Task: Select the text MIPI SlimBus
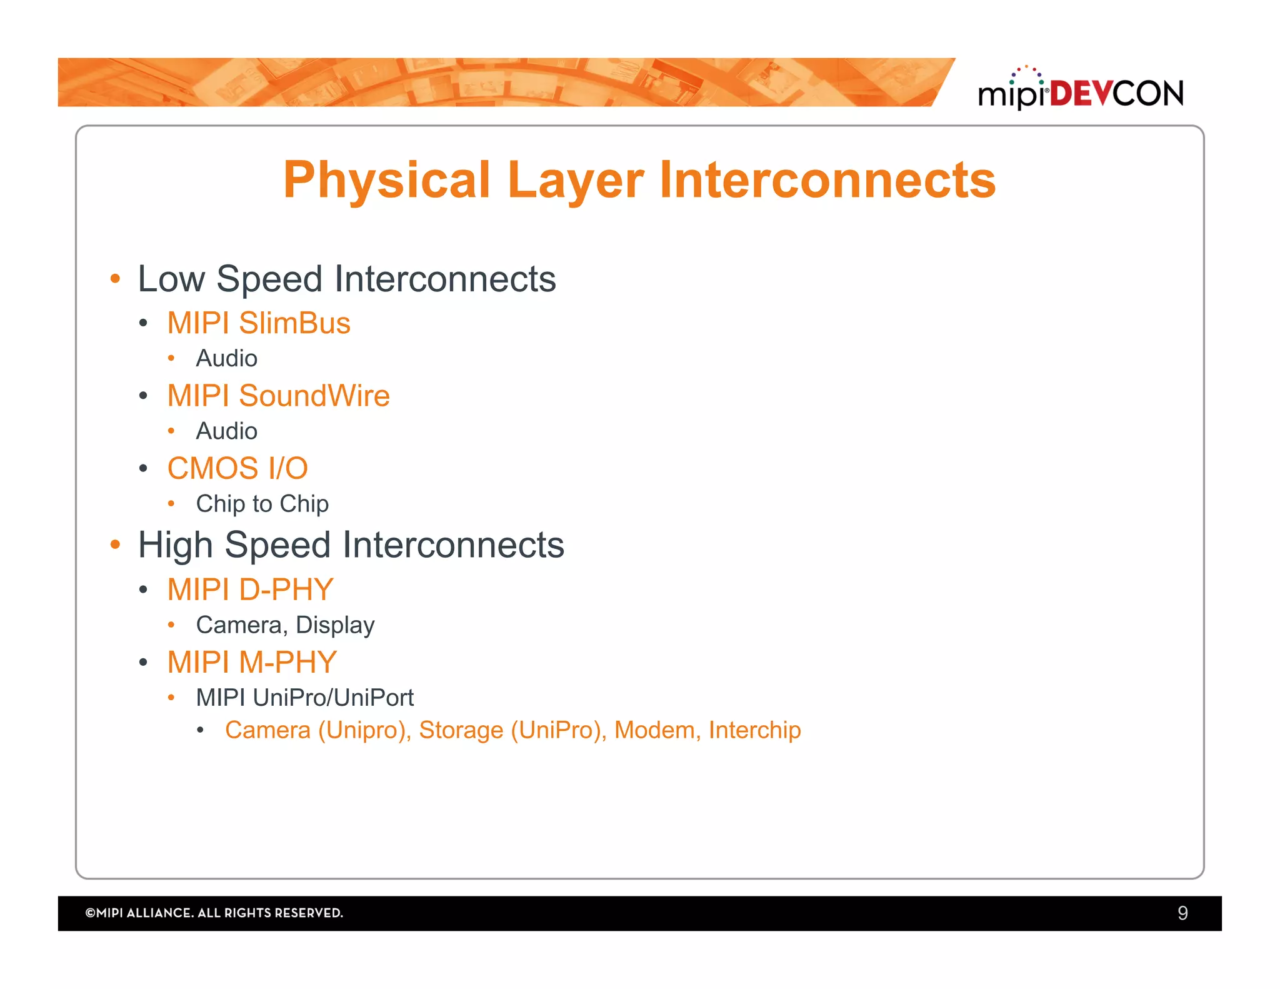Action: click(259, 323)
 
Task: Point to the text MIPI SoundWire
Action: click(278, 396)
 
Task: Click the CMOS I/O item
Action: click(237, 468)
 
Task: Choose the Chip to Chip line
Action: click(262, 504)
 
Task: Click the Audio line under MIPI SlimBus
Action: click(226, 359)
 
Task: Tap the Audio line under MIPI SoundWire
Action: click(226, 431)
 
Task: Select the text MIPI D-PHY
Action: click(250, 590)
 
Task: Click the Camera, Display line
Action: click(285, 625)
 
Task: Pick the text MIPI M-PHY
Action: click(252, 662)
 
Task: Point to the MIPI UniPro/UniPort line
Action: click(304, 698)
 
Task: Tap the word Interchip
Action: click(754, 730)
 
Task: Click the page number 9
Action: click(1182, 913)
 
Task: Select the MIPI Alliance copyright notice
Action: click(214, 913)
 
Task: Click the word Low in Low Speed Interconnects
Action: click(171, 279)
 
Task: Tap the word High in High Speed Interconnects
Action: click(175, 545)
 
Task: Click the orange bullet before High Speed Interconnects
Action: click(115, 545)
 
